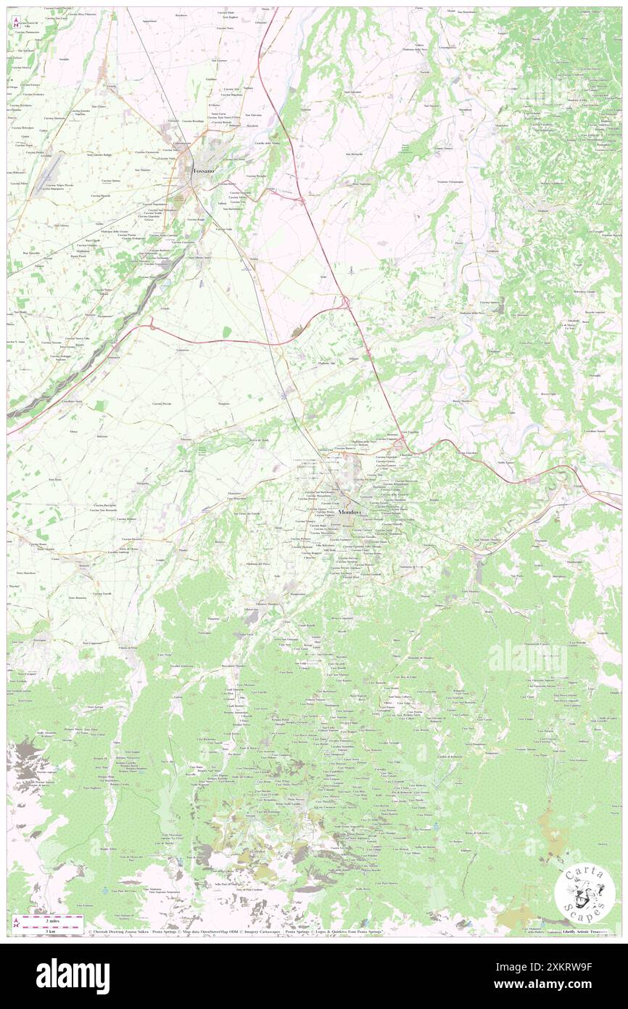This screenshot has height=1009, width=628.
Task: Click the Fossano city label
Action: pos(203,171)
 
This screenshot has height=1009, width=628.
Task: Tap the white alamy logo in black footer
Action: pos(73,976)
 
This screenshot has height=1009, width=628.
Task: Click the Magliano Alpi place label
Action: pos(326,362)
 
